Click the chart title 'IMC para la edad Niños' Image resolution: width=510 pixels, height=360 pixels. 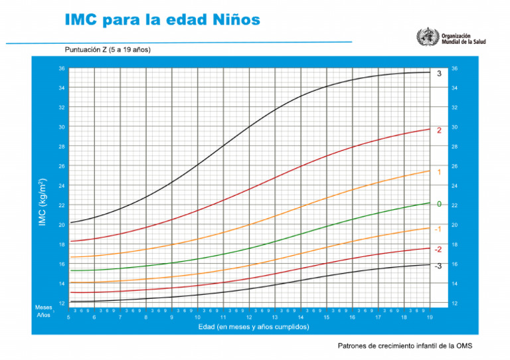pyautogui.click(x=162, y=19)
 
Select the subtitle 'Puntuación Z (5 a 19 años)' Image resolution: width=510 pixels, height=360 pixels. pyautogui.click(x=108, y=50)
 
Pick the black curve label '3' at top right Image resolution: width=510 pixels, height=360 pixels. pyautogui.click(x=439, y=73)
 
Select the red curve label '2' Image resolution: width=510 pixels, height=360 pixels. pyautogui.click(x=439, y=130)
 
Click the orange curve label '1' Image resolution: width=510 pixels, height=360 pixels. pyautogui.click(x=439, y=172)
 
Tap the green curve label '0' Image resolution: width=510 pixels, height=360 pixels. pyautogui.click(x=439, y=203)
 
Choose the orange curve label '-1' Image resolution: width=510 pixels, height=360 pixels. pyautogui.click(x=438, y=228)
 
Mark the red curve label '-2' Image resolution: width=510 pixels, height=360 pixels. pyautogui.click(x=438, y=249)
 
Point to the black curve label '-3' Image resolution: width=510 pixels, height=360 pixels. pyautogui.click(x=438, y=266)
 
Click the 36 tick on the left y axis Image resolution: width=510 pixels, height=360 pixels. pyautogui.click(x=62, y=68)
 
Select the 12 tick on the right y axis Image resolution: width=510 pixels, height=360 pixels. pyautogui.click(x=454, y=303)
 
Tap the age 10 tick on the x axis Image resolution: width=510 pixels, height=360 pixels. pyautogui.click(x=197, y=317)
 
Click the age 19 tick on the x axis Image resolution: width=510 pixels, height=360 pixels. pyautogui.click(x=429, y=317)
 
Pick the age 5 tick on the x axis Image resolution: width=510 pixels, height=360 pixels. pyautogui.click(x=68, y=317)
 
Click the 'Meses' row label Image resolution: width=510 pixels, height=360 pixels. pyautogui.click(x=44, y=307)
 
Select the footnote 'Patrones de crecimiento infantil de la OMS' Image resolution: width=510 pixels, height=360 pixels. pyautogui.click(x=405, y=345)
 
